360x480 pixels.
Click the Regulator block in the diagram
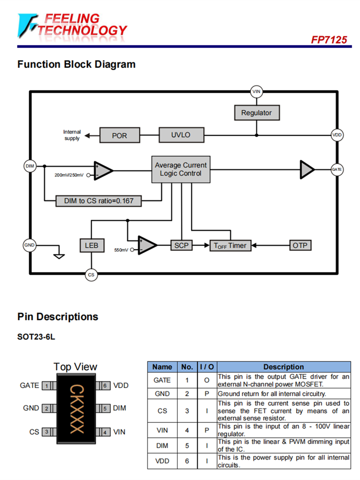click(256, 113)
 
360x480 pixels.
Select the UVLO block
click(181, 135)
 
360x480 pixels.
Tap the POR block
click(120, 135)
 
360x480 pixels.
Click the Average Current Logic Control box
click(180, 169)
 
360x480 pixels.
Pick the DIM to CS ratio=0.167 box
click(99, 201)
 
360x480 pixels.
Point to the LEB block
click(91, 246)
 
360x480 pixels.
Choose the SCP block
click(181, 245)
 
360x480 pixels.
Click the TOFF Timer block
click(230, 246)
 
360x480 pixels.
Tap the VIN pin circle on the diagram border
click(257, 91)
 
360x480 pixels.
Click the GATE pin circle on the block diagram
click(337, 169)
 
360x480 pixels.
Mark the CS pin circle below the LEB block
click(91, 275)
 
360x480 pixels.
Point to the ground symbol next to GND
click(59, 255)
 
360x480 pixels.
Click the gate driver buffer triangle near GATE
click(307, 169)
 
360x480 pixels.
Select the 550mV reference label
click(121, 250)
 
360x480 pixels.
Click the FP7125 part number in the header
click(329, 39)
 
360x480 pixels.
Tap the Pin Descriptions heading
click(58, 317)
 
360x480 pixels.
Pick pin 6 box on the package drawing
click(105, 385)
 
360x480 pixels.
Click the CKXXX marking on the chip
click(77, 409)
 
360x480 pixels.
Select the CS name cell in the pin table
click(162, 411)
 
